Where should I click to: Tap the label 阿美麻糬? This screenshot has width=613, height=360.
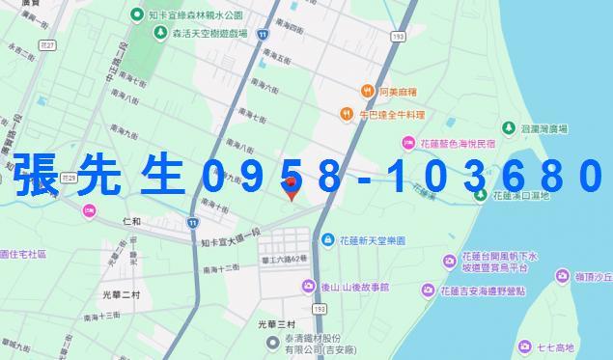click(x=397, y=92)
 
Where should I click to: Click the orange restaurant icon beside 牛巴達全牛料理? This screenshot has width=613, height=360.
click(x=347, y=114)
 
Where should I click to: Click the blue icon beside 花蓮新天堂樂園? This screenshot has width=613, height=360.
click(x=328, y=239)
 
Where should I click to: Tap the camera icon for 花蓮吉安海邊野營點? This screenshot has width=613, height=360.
click(x=427, y=291)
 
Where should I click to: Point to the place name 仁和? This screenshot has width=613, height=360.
click(x=132, y=222)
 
